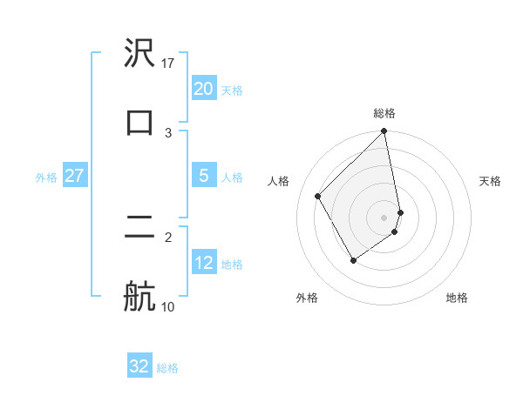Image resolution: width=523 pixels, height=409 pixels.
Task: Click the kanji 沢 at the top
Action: coord(139,54)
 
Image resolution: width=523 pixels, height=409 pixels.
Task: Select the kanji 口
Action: coord(139,120)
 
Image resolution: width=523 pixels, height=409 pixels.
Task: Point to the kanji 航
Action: coord(139,295)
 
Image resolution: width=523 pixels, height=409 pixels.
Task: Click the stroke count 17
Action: coord(168,64)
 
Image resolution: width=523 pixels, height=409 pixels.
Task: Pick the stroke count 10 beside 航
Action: coord(168,306)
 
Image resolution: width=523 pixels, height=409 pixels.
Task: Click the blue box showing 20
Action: coord(203,89)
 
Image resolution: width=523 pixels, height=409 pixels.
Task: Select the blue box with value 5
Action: coord(203,176)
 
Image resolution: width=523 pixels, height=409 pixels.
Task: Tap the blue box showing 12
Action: coord(203,264)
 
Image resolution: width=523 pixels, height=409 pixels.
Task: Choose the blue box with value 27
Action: coord(74,176)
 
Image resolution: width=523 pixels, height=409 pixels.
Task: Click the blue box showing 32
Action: coord(139,366)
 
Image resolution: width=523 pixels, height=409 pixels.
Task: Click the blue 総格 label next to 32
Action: coord(167,368)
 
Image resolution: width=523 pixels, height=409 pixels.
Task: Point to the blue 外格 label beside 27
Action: coord(46,178)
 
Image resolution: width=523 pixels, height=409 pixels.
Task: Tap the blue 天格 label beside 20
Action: coord(232,91)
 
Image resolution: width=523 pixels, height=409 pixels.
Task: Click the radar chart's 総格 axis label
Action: coord(384,113)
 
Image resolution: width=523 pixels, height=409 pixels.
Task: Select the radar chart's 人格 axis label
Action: coord(280,181)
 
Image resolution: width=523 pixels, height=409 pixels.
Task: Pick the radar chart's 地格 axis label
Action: coord(457,298)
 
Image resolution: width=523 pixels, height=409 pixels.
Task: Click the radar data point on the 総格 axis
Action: coord(384,132)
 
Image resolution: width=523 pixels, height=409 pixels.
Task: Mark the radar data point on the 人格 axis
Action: coord(318,197)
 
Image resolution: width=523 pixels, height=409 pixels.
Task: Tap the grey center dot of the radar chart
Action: coord(384,217)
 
